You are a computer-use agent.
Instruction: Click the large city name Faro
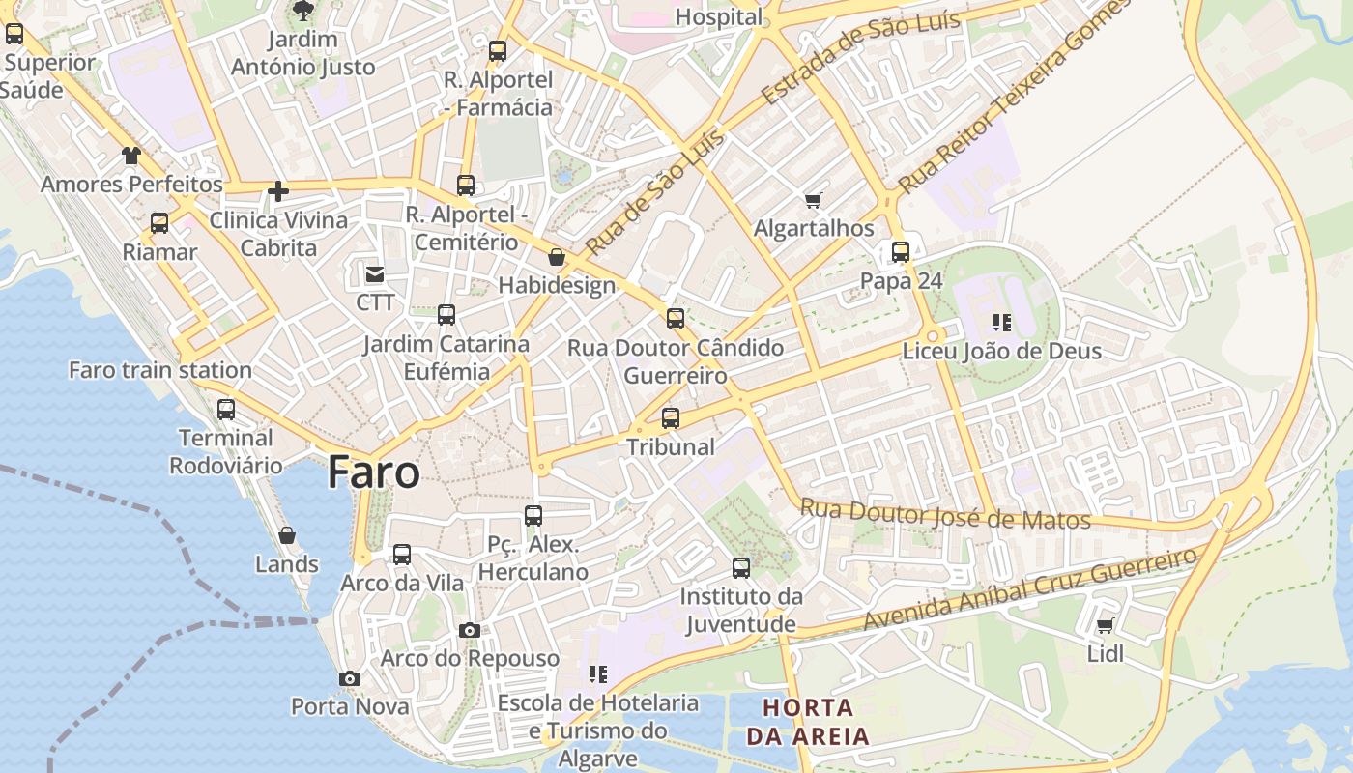point(373,472)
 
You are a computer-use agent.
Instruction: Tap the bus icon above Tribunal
point(671,418)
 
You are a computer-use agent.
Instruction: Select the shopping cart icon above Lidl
point(1106,625)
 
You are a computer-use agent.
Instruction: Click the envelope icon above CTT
point(375,274)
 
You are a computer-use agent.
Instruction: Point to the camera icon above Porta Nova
point(350,679)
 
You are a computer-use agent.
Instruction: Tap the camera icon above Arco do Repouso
point(470,631)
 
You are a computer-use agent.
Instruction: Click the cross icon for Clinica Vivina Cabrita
point(278,191)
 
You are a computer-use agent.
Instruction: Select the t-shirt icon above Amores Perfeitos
point(131,156)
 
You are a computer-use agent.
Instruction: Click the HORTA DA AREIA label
point(808,721)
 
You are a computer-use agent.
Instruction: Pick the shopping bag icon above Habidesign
point(557,257)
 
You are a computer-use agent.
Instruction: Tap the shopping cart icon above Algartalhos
point(814,201)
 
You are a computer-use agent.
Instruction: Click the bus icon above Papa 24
point(901,252)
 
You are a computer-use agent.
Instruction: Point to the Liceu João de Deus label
point(1001,351)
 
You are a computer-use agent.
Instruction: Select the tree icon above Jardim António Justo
point(303,12)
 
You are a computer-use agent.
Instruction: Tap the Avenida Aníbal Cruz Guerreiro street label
point(1030,590)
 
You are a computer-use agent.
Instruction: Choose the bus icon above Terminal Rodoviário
point(226,410)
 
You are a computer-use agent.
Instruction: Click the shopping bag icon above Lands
point(287,535)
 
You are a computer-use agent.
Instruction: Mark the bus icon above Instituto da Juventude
point(741,568)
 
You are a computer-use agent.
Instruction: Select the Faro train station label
point(160,370)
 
